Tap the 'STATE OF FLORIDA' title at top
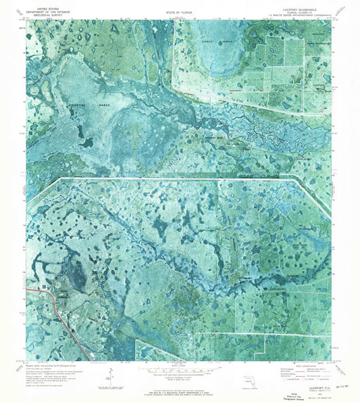tap(180, 11)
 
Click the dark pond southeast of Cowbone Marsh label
tap(86, 142)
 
